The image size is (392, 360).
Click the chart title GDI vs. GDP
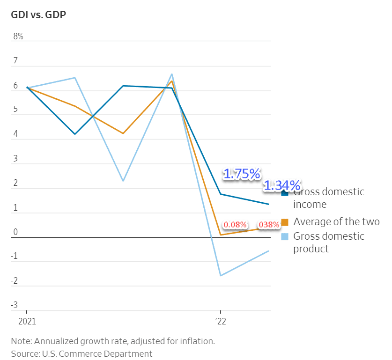(x=38, y=15)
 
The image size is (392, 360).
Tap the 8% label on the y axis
(x=18, y=37)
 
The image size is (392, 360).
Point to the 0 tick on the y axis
(x=16, y=232)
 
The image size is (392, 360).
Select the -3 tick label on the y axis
(x=15, y=305)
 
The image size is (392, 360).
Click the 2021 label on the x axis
(x=27, y=322)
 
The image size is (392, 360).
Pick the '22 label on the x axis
(x=221, y=322)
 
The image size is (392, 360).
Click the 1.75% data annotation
(x=242, y=174)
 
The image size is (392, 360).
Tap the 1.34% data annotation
(x=282, y=185)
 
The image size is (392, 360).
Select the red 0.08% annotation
(x=235, y=225)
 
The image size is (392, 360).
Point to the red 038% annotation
(x=269, y=225)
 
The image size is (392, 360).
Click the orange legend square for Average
(x=285, y=221)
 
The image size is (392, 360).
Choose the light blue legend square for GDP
(x=285, y=236)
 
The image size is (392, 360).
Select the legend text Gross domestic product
(x=328, y=242)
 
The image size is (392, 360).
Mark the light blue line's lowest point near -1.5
(x=220, y=275)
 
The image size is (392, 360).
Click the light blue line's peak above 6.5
(x=172, y=74)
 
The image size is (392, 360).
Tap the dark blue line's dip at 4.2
(x=75, y=134)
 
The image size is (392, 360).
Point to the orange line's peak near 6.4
(x=172, y=81)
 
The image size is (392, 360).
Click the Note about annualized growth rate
(x=113, y=341)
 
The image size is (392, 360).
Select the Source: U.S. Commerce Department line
(x=82, y=353)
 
